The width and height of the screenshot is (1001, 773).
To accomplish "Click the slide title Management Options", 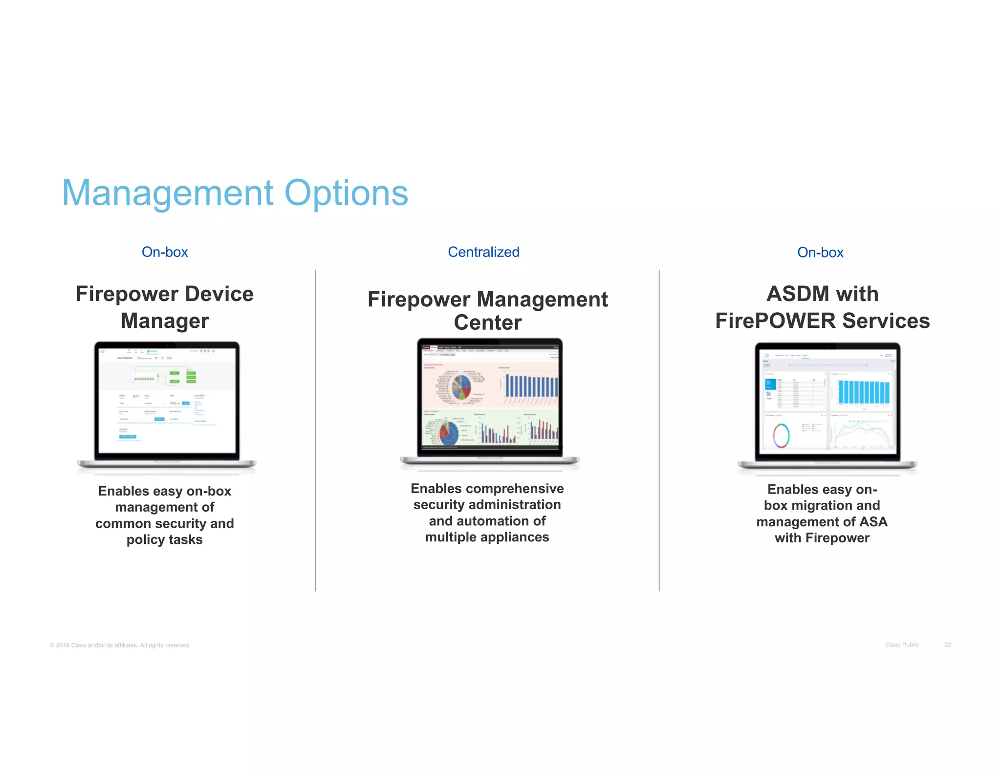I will tap(235, 193).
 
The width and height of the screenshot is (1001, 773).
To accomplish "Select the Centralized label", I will tap(483, 252).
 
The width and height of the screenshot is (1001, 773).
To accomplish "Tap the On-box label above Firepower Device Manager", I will tap(165, 252).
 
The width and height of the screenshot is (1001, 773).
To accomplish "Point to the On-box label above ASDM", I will tap(820, 253).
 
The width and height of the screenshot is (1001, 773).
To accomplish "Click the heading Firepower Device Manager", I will tap(165, 307).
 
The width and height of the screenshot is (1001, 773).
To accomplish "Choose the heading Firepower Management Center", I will tap(487, 311).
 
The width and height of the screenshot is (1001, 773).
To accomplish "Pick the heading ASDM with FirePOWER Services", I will tap(822, 307).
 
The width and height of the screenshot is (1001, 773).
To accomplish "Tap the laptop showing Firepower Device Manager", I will tap(167, 406).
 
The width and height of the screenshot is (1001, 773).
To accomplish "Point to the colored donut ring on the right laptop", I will tap(781, 435).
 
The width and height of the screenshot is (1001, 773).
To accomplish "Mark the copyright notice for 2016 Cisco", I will tap(120, 645).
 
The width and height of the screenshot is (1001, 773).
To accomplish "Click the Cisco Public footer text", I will tap(902, 645).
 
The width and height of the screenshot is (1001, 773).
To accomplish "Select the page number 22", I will tap(947, 645).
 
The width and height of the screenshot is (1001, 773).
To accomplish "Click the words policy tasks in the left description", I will tap(165, 540).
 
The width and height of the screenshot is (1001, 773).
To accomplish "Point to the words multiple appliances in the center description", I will tap(487, 537).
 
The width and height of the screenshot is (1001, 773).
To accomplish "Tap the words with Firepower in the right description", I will tap(822, 538).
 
